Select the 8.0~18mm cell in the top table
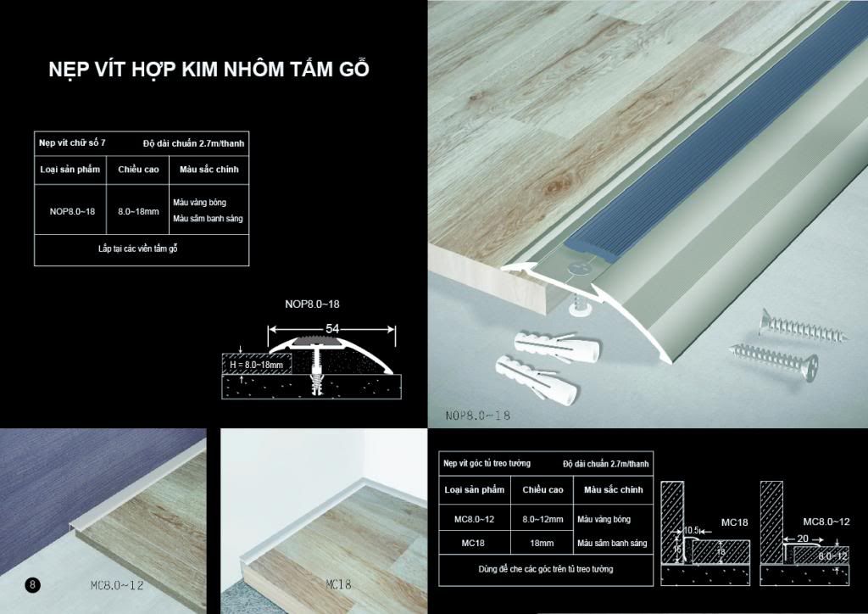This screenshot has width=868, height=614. [138, 207]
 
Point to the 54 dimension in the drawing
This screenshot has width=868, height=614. [331, 327]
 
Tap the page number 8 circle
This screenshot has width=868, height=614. [32, 584]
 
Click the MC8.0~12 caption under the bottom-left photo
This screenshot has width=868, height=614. [118, 584]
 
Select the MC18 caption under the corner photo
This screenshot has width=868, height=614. [338, 584]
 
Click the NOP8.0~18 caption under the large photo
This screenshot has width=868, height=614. [477, 416]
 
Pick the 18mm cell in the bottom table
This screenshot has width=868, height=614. [543, 542]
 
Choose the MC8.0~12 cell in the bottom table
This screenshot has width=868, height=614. [474, 516]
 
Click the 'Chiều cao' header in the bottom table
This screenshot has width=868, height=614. [543, 489]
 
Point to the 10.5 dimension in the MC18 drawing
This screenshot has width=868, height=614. [692, 530]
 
